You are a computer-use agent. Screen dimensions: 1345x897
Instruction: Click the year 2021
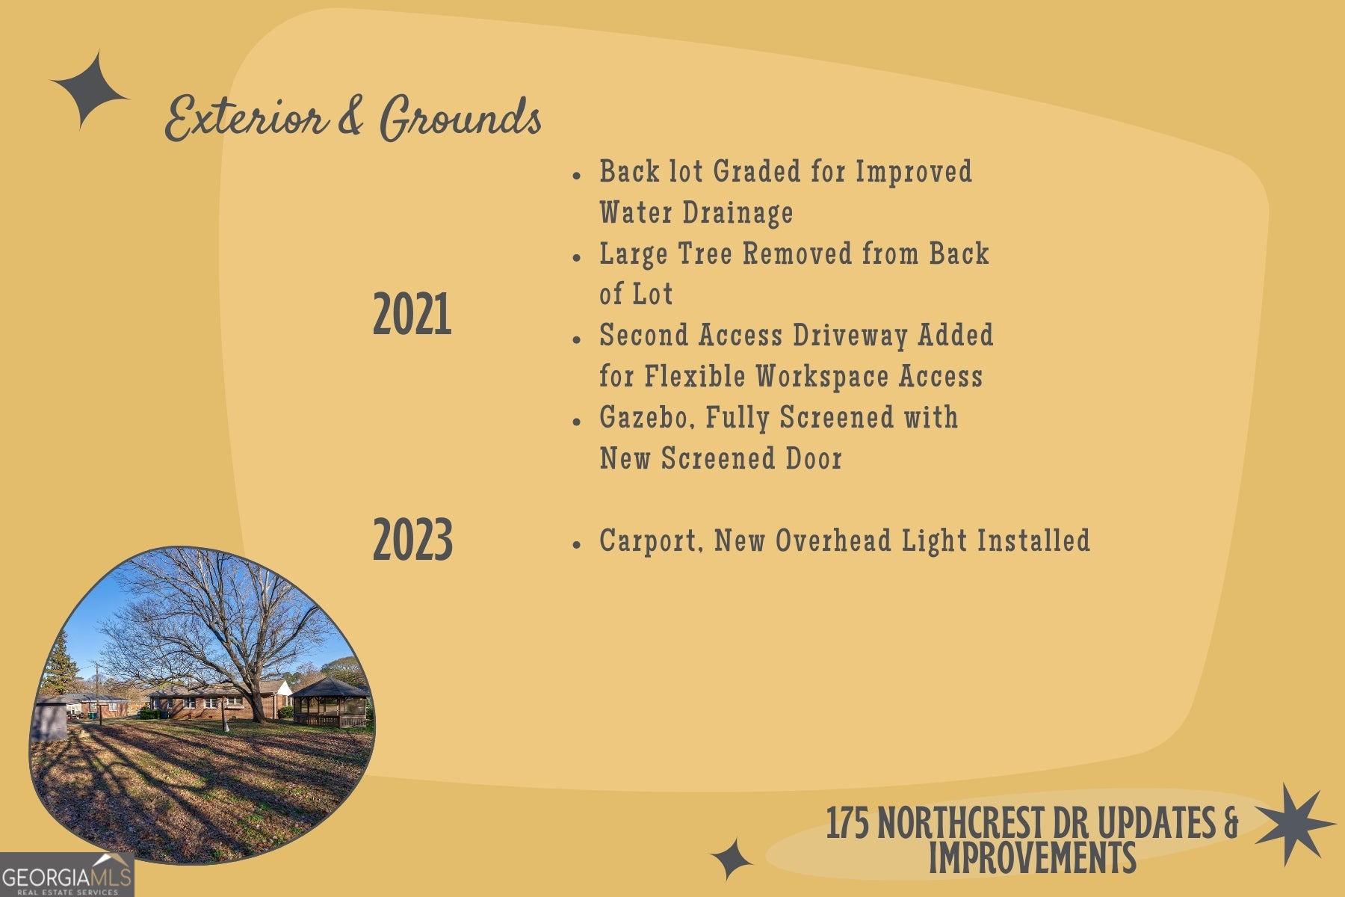(412, 315)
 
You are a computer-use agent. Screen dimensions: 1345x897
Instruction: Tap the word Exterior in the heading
(246, 119)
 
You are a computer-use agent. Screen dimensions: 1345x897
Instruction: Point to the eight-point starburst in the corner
(1295, 824)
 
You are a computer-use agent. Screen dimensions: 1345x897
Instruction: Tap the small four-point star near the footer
(732, 859)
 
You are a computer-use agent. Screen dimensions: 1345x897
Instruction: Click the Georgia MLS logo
(67, 875)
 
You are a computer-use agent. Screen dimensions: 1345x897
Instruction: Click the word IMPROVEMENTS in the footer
(1032, 857)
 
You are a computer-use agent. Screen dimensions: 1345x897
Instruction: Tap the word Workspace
(823, 377)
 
